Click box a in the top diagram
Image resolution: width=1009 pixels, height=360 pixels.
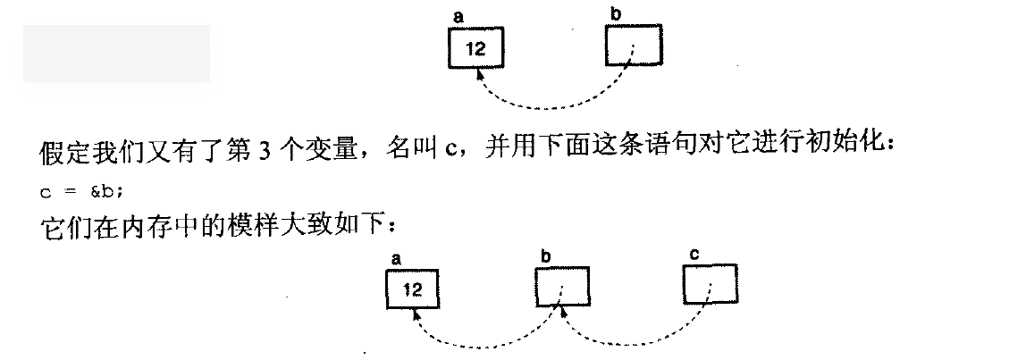[x=475, y=48]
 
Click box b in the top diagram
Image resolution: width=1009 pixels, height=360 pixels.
[x=634, y=46]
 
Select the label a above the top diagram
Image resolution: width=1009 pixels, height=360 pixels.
[x=458, y=17]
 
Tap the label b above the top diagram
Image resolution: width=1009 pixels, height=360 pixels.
[x=614, y=14]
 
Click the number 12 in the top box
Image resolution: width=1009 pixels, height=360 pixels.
[x=475, y=49]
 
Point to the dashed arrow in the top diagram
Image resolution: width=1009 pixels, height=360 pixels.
[x=554, y=105]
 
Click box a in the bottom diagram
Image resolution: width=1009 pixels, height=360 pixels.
[x=412, y=289]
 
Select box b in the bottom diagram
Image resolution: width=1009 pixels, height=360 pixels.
[x=562, y=287]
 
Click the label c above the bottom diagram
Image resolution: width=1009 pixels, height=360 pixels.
[x=694, y=255]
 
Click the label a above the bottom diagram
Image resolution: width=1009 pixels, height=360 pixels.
[x=395, y=258]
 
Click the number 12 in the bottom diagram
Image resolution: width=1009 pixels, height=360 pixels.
[x=412, y=289]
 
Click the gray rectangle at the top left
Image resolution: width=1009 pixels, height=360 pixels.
[x=116, y=54]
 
